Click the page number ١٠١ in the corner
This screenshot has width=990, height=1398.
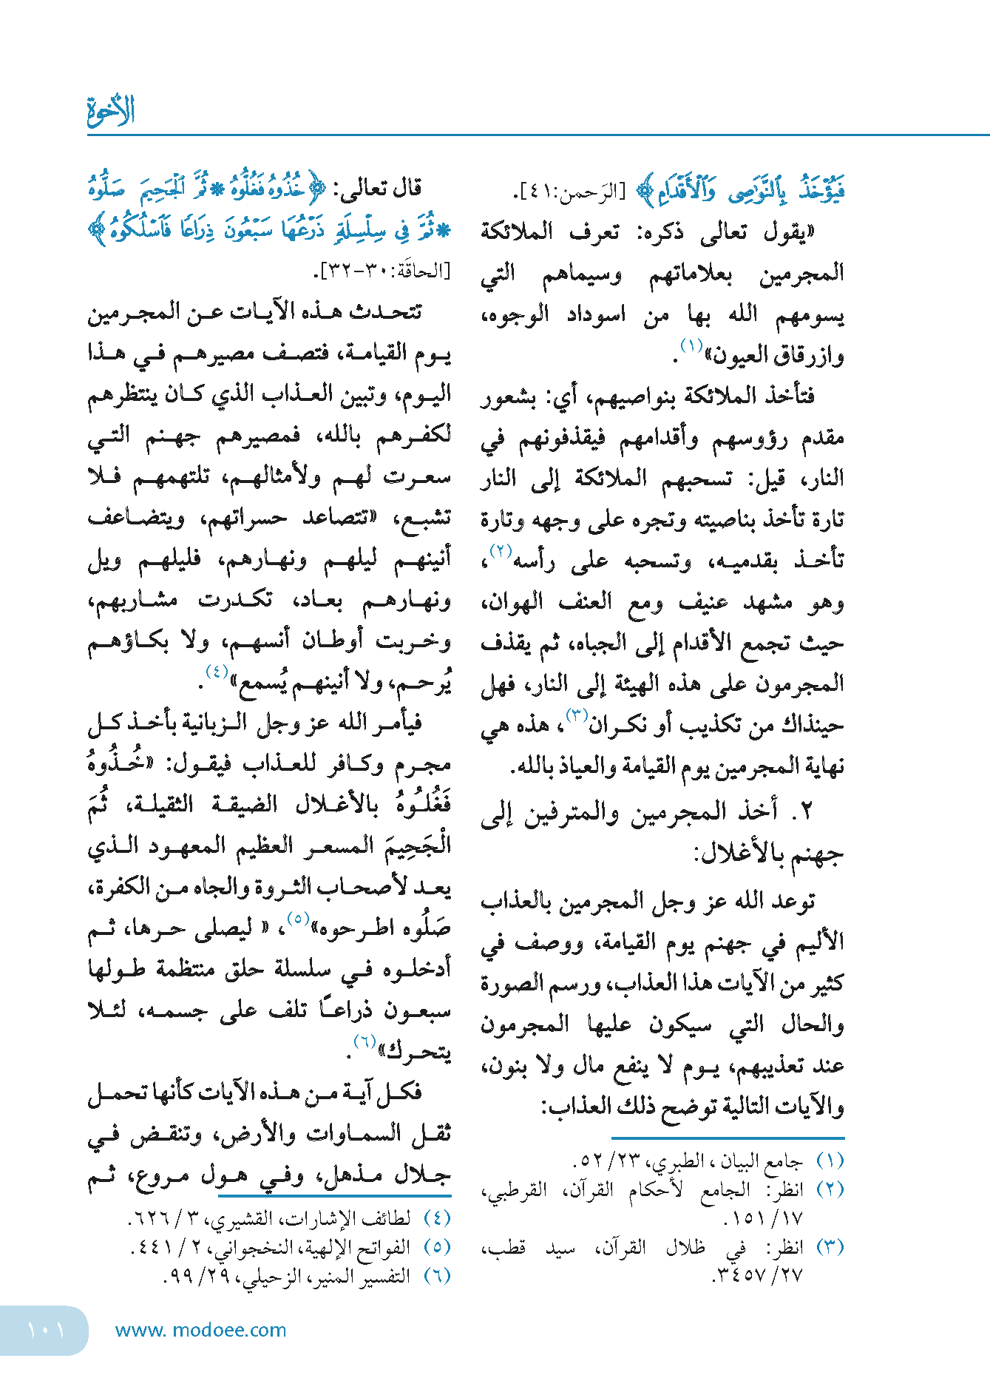(46, 1330)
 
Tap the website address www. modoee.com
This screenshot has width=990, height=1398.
(200, 1330)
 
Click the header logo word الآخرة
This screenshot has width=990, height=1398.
(111, 111)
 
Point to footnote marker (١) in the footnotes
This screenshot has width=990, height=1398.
(830, 1161)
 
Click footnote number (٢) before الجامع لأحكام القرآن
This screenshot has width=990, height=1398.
(830, 1190)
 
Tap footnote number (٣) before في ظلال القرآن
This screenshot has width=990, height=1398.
(830, 1247)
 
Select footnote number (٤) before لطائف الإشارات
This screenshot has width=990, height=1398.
(437, 1218)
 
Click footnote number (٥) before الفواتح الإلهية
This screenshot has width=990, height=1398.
(437, 1247)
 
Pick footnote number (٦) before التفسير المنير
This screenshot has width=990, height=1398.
(437, 1276)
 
